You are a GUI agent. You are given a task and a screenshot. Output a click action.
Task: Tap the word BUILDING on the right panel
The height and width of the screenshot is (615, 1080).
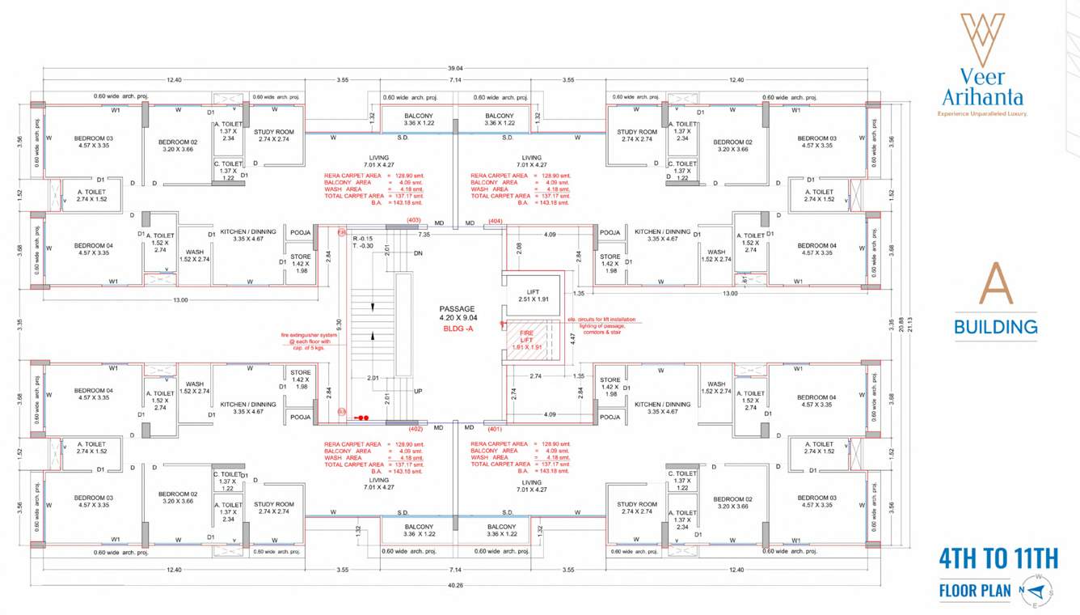point(995,327)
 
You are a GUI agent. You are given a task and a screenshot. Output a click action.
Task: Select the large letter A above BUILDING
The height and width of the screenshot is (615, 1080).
point(995,282)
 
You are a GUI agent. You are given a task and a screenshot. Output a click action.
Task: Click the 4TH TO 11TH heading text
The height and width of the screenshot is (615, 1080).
point(998,559)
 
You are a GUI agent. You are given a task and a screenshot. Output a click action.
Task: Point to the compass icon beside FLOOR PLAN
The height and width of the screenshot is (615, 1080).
point(1038,590)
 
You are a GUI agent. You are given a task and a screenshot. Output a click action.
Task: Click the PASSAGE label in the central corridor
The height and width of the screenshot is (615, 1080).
point(457,309)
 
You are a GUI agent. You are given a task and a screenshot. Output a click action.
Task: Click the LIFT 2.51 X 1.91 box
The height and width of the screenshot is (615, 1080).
point(532,295)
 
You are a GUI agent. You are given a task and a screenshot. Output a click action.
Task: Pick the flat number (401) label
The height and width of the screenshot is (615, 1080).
point(496,430)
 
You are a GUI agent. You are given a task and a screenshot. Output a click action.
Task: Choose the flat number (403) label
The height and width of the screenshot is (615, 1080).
point(414,220)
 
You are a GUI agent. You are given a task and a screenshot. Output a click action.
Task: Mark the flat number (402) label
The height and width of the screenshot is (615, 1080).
point(416,430)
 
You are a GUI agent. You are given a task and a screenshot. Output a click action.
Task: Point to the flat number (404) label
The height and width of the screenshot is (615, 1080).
point(496,220)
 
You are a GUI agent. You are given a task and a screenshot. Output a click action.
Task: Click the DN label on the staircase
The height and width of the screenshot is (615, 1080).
point(418,253)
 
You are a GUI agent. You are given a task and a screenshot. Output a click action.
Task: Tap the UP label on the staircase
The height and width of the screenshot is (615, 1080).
point(418,391)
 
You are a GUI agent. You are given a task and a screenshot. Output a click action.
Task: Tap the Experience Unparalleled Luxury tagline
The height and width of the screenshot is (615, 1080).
point(982,114)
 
